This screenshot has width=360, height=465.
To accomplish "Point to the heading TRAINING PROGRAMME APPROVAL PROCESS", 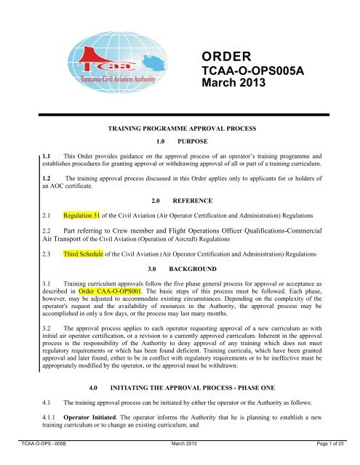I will [179, 126].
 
